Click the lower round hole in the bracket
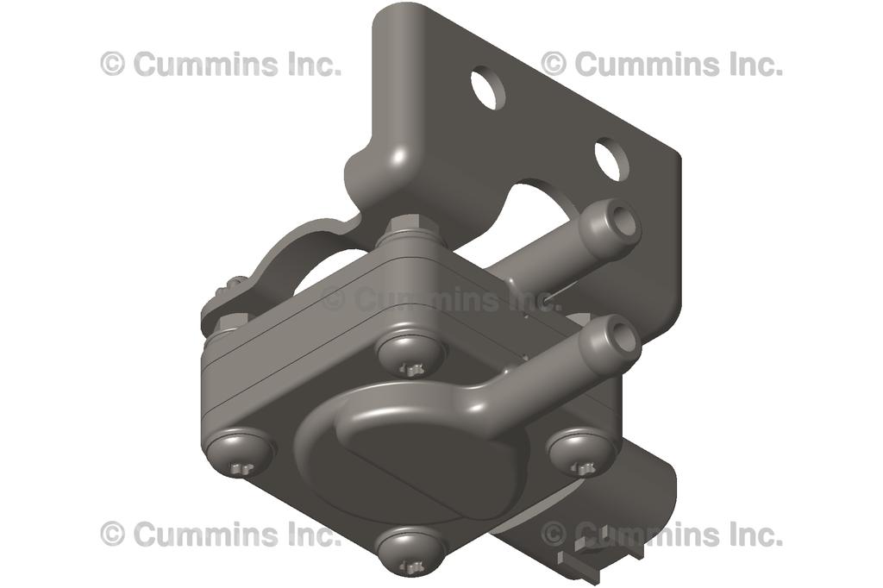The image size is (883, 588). click(610, 159)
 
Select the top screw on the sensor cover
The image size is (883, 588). click(411, 352)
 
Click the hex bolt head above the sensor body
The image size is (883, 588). click(411, 232)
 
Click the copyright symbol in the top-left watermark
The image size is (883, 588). click(113, 64)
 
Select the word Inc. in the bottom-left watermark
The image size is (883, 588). click(313, 535)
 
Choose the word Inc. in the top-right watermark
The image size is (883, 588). click(754, 64)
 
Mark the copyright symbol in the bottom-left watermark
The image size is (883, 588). click(113, 535)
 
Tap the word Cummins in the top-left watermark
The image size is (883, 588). click(198, 64)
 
